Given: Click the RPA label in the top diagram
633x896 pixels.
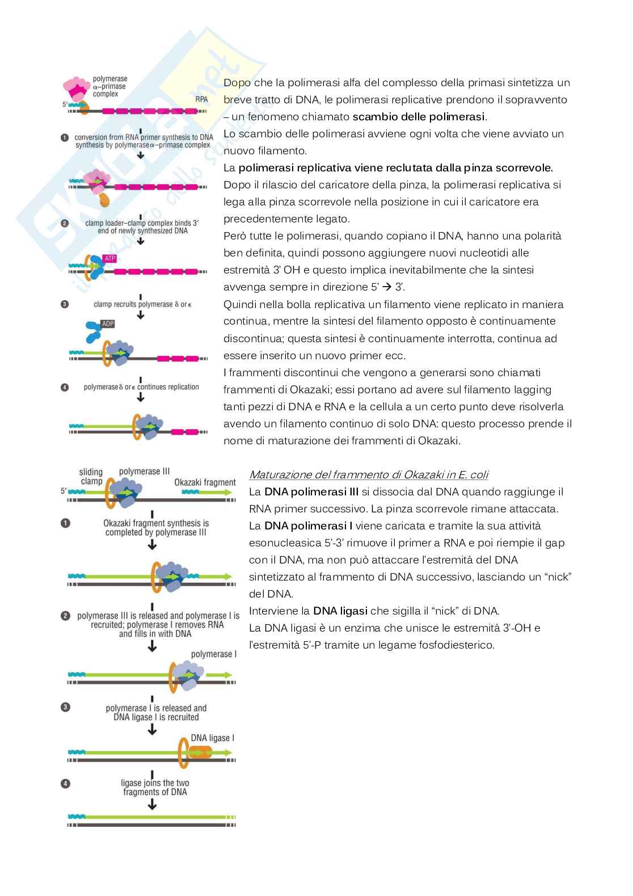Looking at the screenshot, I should (201, 99).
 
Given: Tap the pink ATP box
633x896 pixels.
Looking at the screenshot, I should (109, 259).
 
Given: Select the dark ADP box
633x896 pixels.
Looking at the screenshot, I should (108, 324).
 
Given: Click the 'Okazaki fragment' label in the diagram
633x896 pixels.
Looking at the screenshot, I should (205, 482).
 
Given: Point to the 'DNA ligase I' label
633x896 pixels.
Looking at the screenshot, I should (212, 738).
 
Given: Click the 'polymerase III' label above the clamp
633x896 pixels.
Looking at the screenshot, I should (144, 472).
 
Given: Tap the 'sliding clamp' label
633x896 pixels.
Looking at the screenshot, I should (91, 477).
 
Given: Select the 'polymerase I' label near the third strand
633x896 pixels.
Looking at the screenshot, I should (214, 654).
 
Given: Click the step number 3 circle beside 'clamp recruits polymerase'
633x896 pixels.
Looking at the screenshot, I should (65, 304).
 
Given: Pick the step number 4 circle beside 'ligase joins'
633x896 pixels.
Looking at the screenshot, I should (65, 784).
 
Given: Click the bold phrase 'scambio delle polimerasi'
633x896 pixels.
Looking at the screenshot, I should (419, 117).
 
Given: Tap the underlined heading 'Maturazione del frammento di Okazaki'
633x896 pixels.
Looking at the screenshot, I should (368, 475).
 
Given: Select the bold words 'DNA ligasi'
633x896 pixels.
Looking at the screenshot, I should (340, 611).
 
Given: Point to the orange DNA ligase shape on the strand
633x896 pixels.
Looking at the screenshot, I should (200, 752).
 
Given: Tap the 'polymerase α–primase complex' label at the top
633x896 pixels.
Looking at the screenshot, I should (109, 86).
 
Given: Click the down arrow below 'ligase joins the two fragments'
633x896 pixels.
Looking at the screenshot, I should (152, 805).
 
